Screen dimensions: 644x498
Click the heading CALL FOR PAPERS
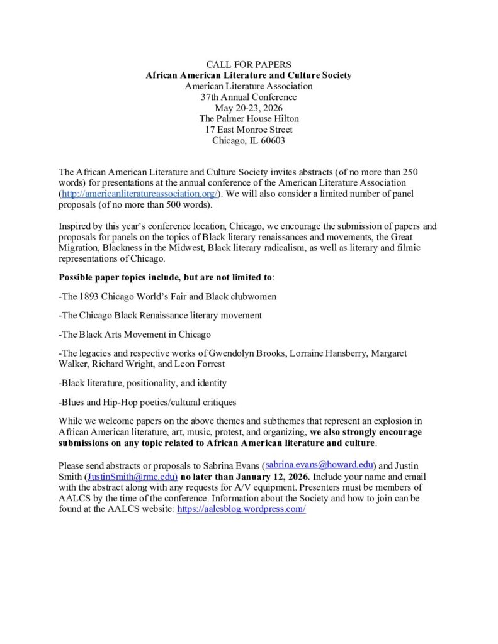coord(248,65)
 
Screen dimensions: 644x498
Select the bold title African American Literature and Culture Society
coord(248,75)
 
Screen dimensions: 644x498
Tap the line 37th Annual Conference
coord(248,97)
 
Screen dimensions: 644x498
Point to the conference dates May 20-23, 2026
coord(248,108)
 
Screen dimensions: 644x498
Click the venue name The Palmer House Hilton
coord(248,118)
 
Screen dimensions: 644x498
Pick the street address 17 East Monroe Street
coord(248,130)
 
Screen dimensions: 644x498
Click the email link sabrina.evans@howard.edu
coord(320,465)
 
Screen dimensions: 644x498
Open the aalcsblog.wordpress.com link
coord(241,509)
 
